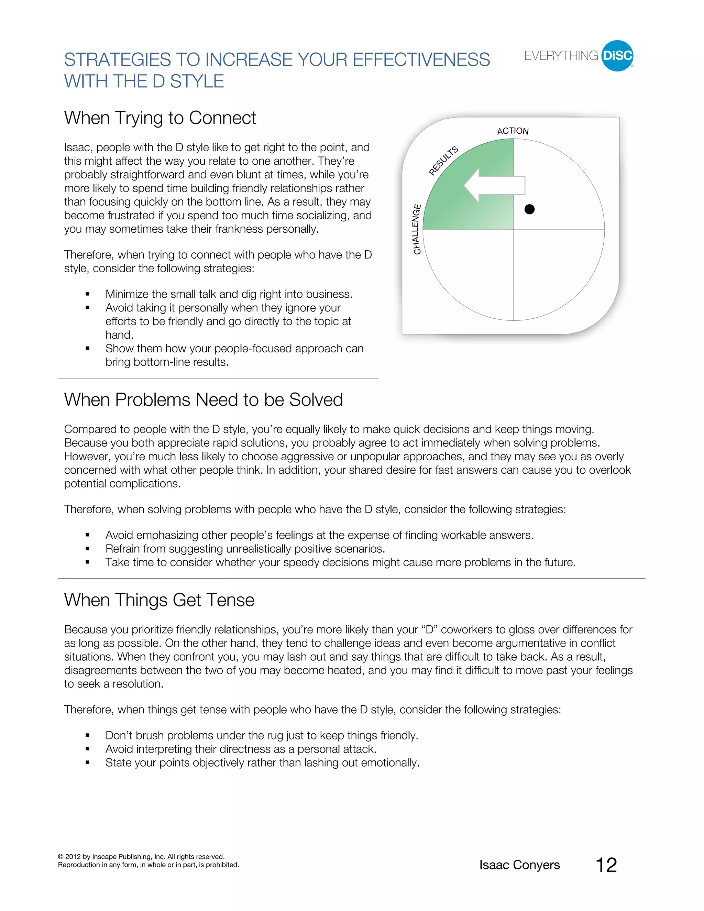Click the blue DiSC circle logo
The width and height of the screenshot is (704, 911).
click(617, 56)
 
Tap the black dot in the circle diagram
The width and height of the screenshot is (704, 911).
click(529, 209)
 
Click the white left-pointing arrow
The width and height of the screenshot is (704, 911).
click(494, 185)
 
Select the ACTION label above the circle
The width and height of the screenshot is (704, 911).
click(513, 131)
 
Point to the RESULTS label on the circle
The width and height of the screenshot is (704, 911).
click(443, 161)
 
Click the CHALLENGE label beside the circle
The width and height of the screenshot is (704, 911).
click(417, 229)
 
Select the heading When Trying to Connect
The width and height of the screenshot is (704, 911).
click(160, 118)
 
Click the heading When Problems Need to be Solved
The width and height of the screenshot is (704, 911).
click(203, 399)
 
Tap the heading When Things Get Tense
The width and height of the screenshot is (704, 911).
click(159, 600)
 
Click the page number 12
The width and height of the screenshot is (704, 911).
click(606, 865)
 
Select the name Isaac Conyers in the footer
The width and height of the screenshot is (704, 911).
click(519, 865)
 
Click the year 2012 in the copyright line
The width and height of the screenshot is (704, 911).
click(73, 857)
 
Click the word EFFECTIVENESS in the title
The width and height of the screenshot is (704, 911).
click(421, 60)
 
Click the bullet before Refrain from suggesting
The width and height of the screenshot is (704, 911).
click(88, 549)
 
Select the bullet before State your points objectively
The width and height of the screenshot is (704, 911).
click(88, 763)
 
